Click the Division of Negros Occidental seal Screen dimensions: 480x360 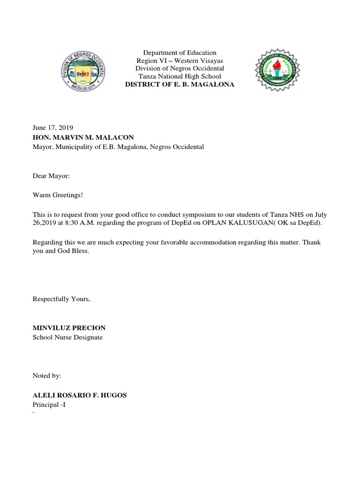coord(84,71)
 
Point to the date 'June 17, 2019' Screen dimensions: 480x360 coord(52,127)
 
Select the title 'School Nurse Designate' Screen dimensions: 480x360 coord(67,337)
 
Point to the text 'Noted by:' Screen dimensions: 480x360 coord(47,375)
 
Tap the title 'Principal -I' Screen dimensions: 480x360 coord(49,405)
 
